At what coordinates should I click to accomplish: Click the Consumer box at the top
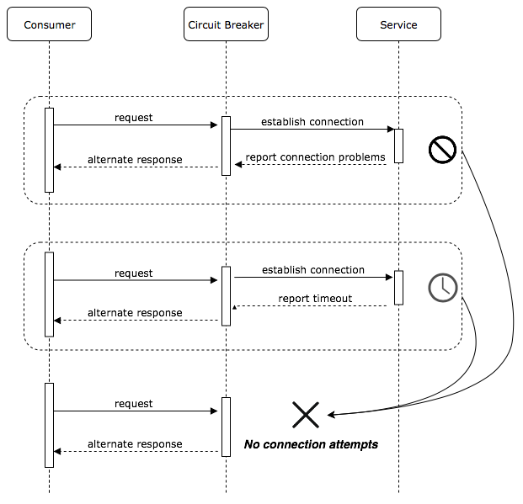(x=49, y=24)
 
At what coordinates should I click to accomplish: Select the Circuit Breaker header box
(x=225, y=24)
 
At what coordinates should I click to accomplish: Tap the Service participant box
(x=398, y=24)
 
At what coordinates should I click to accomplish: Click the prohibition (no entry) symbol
(x=442, y=150)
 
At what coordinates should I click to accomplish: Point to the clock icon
(x=442, y=288)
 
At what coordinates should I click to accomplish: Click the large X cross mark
(x=306, y=415)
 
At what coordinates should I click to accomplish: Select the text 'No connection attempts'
(x=311, y=444)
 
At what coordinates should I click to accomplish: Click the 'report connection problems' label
(x=315, y=157)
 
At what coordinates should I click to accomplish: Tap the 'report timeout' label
(x=315, y=299)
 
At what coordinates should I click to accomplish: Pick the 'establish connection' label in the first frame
(x=312, y=122)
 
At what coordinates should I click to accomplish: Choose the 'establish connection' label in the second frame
(x=313, y=270)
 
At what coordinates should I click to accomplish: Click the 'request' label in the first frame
(x=134, y=118)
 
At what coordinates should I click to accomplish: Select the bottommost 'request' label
(x=134, y=404)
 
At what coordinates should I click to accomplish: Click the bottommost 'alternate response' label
(x=135, y=444)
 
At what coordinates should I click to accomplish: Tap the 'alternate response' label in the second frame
(x=135, y=313)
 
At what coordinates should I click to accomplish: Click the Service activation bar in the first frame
(x=398, y=146)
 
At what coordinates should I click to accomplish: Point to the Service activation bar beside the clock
(x=398, y=287)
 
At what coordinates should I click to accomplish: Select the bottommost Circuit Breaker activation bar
(x=226, y=427)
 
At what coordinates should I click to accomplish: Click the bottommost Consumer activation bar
(x=49, y=425)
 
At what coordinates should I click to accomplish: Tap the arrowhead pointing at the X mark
(x=332, y=415)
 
